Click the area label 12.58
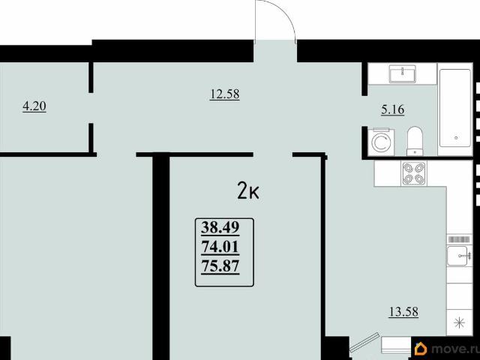pos(225,94)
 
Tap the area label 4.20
pos(34,106)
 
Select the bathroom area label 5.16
pos(393,109)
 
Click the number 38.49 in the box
pos(220,227)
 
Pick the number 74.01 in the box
pos(220,247)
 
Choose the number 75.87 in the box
pos(220,266)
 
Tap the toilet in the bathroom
pos(415,142)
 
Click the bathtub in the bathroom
pos(455,108)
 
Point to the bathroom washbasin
pos(403,73)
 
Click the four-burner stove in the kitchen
pos(414,174)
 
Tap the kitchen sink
pos(458,256)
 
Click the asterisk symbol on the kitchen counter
pos(460,322)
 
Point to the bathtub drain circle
pos(456,138)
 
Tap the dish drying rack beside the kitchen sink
pos(459,239)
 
